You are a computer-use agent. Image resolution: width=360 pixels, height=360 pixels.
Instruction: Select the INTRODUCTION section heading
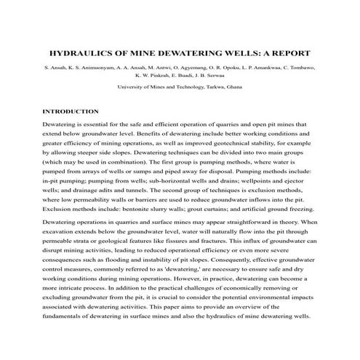(x=71, y=111)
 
